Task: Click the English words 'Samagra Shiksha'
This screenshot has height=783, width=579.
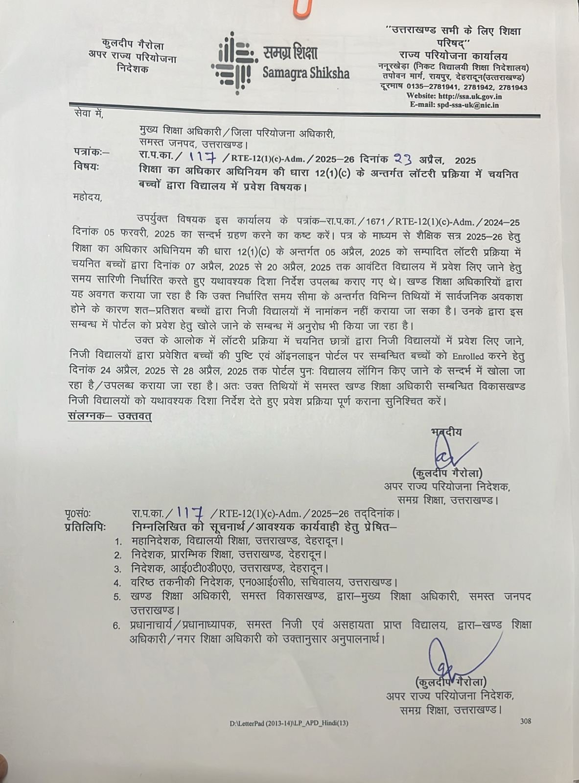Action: (x=306, y=73)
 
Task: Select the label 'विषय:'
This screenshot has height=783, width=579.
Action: (x=86, y=167)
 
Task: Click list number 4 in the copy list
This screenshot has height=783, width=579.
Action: (x=117, y=583)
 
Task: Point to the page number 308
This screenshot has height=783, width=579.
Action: (x=526, y=721)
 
